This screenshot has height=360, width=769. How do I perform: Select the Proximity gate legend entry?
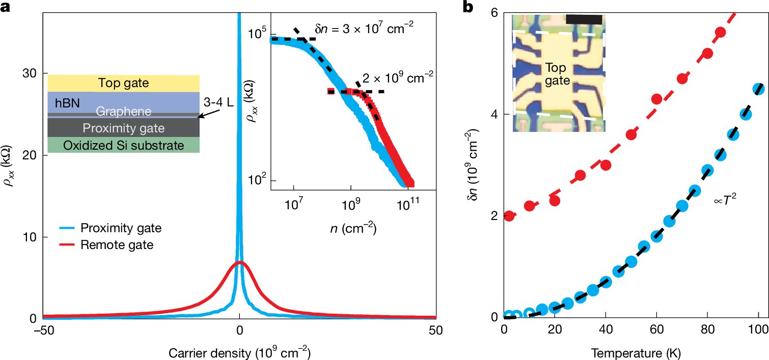(x=117, y=229)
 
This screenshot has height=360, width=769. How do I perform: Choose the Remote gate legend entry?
(x=112, y=245)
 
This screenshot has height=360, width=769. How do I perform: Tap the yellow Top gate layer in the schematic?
(x=123, y=82)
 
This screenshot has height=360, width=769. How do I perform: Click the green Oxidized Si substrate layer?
(x=123, y=146)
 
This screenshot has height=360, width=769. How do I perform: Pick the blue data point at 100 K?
(x=759, y=89)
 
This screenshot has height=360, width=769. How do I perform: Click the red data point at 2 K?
(x=509, y=216)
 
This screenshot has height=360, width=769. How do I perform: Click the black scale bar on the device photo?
(x=584, y=18)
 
